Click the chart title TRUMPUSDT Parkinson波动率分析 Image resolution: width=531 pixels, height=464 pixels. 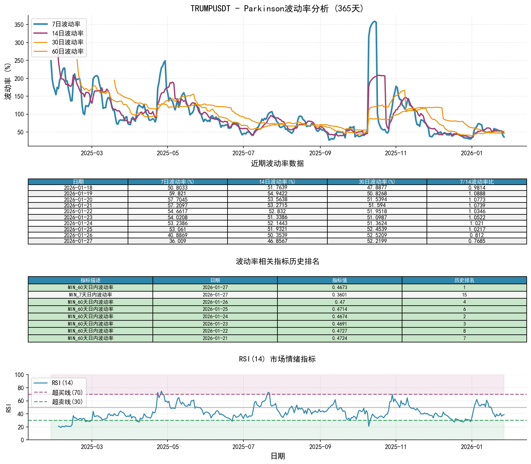point(277,8)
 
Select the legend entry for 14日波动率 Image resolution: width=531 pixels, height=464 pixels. point(67,33)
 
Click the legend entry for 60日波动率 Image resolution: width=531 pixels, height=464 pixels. point(67,51)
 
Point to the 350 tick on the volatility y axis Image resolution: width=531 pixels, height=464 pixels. point(19,25)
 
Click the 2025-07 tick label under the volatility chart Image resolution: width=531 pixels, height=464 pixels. point(243,153)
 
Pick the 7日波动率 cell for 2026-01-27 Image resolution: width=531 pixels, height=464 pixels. point(178,241)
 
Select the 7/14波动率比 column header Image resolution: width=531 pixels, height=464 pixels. point(476,182)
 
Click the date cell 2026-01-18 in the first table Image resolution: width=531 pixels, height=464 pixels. point(78,188)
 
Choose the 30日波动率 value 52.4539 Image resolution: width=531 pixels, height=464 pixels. point(377,229)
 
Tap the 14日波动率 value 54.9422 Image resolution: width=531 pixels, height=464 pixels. point(277,194)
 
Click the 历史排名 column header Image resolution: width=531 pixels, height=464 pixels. point(464,280)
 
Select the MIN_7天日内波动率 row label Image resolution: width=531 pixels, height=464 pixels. point(90,295)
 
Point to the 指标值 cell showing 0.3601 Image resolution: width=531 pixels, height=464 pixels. point(340,295)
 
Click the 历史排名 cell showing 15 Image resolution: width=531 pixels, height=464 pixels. point(464,295)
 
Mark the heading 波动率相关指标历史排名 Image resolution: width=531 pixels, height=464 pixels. point(277,261)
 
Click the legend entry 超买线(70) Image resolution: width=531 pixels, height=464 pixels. point(67,392)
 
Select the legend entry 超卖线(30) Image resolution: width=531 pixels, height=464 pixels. point(67,402)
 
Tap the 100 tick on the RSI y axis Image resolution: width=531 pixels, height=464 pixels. point(19,375)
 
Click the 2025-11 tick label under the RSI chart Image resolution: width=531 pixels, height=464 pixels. point(396,447)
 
